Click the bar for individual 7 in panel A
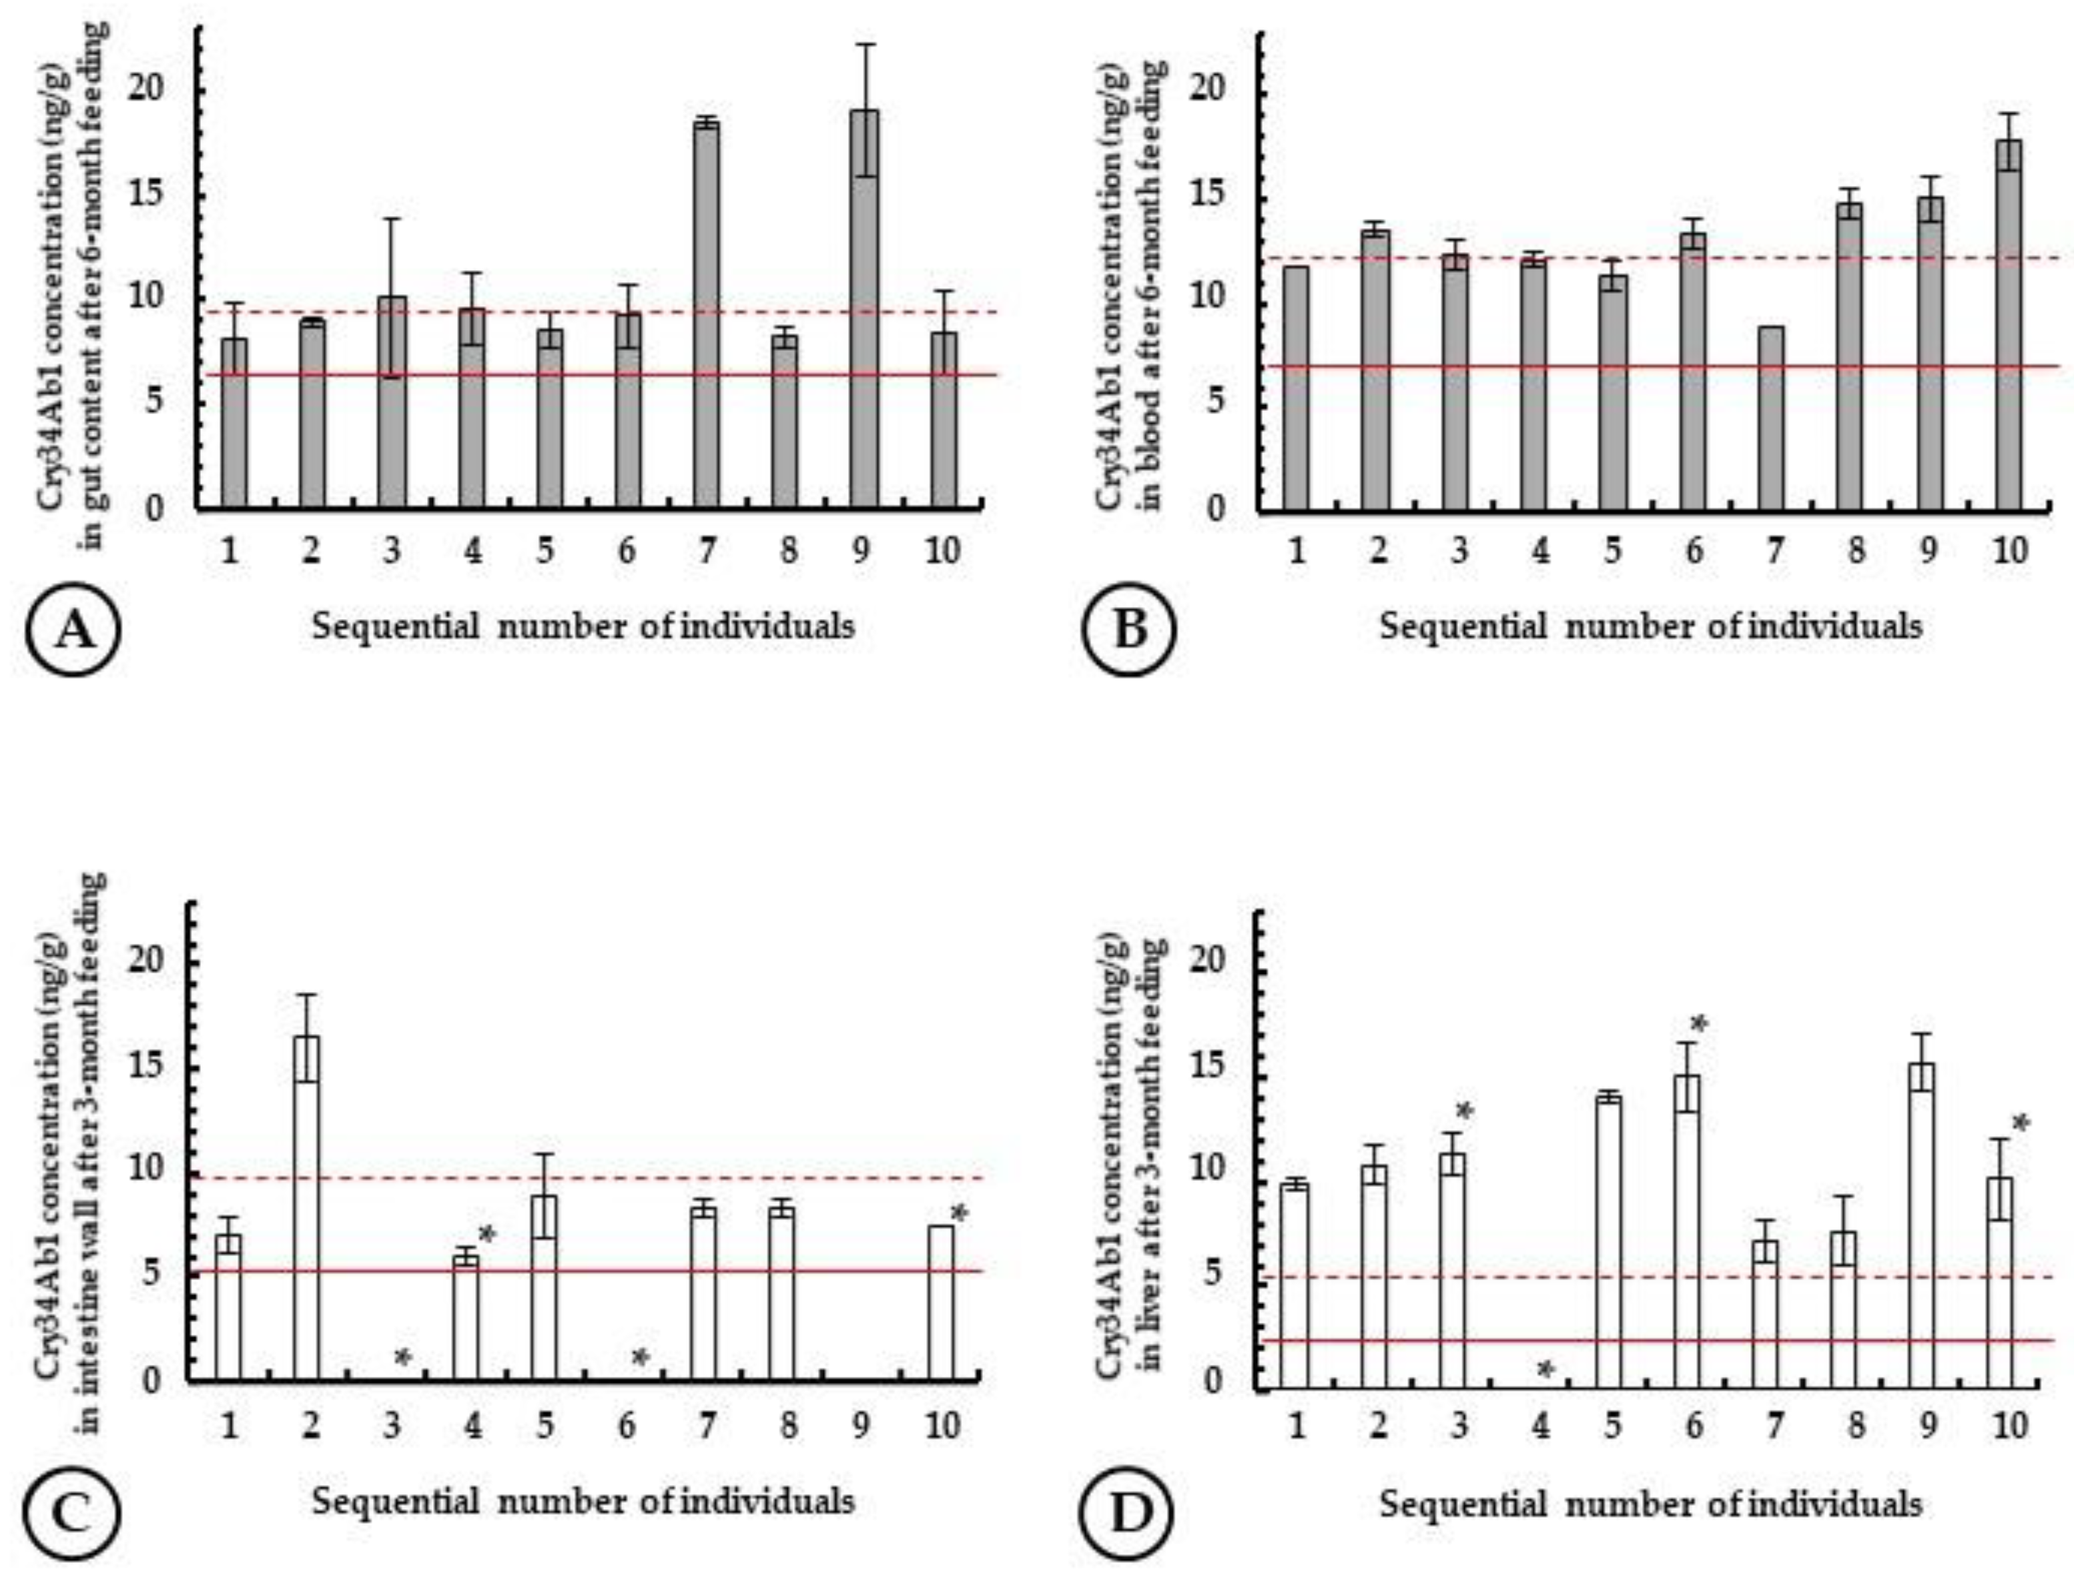coord(706,316)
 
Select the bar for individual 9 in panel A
coord(863,312)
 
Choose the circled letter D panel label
coord(1130,1514)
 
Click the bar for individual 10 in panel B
coord(2009,326)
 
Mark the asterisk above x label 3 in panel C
coord(403,1358)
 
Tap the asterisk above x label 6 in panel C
coord(640,1358)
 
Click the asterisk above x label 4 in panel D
coord(1545,1369)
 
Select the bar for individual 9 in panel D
coord(1921,1227)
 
